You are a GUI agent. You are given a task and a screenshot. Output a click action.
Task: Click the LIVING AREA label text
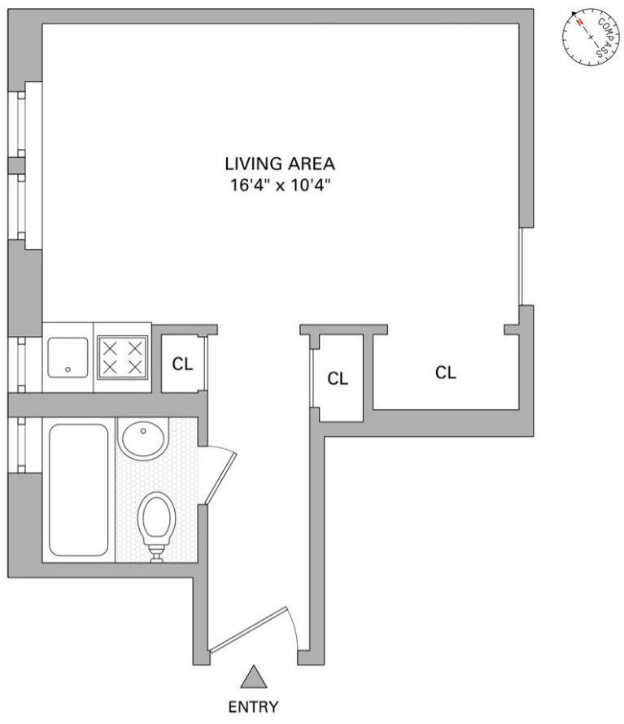[281, 164]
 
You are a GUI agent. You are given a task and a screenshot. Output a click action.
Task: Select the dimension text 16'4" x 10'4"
[281, 185]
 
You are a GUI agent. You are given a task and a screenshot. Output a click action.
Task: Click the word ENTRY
[254, 706]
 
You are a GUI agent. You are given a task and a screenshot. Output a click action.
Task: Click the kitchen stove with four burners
[123, 359]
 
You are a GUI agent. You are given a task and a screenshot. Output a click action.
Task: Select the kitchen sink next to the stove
[68, 359]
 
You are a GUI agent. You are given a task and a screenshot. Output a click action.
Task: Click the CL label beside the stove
[182, 364]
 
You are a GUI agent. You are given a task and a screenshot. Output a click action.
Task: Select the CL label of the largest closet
[445, 373]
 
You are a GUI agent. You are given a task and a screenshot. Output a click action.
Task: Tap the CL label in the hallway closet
[338, 378]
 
